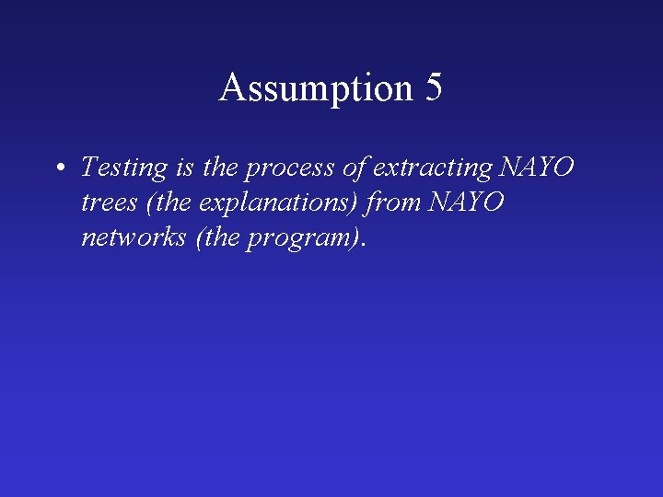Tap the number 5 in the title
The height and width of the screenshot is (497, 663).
[434, 88]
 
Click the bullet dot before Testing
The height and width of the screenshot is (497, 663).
[58, 168]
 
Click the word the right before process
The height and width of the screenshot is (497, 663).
[219, 168]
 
